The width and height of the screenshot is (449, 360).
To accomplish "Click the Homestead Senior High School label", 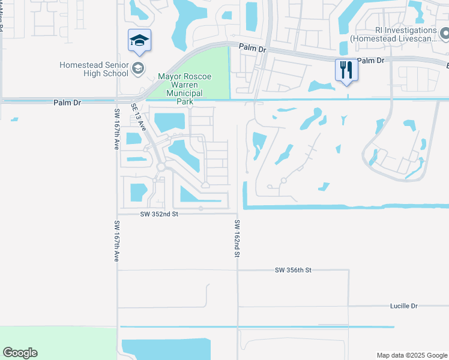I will pyautogui.click(x=94, y=69).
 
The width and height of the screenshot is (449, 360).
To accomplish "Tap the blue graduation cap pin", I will pyautogui.click(x=139, y=40).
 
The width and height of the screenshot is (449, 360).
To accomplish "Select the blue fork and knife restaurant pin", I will pyautogui.click(x=346, y=70).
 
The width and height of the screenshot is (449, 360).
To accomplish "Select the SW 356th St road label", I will pyautogui.click(x=294, y=271).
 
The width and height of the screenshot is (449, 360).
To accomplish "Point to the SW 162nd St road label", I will pyautogui.click(x=238, y=239).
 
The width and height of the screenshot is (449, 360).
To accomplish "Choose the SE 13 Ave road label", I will pyautogui.click(x=139, y=116).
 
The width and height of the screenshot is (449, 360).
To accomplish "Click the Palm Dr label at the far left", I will pyautogui.click(x=67, y=103).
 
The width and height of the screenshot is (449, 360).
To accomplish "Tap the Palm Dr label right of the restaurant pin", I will pyautogui.click(x=370, y=61).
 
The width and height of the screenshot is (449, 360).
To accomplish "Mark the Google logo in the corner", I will pyautogui.click(x=20, y=353).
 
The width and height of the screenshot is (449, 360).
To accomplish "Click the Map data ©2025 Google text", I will pyautogui.click(x=412, y=355).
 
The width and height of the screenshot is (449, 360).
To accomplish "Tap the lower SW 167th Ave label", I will pyautogui.click(x=117, y=240).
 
